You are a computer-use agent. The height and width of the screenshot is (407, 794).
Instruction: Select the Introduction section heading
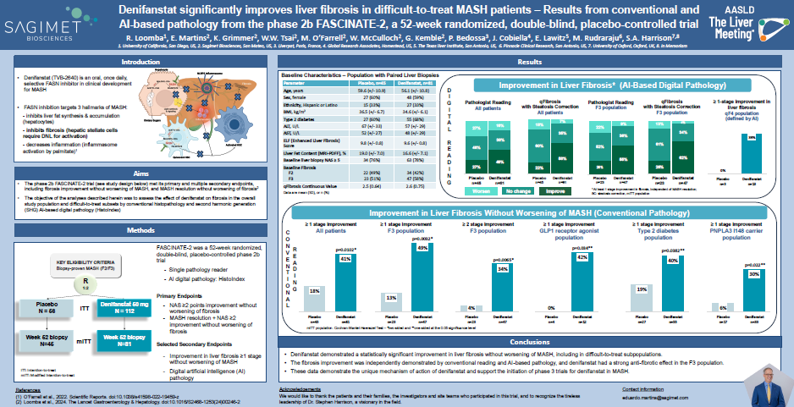(x=140, y=63)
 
